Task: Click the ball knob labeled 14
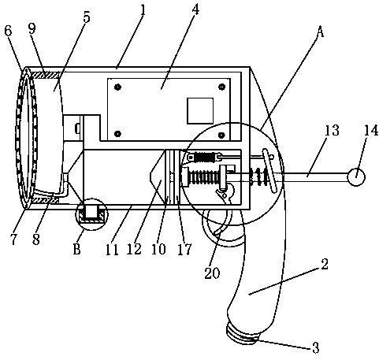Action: point(356,176)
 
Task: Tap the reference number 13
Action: point(332,131)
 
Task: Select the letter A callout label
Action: point(320,32)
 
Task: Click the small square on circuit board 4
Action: point(200,110)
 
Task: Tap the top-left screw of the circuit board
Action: point(118,87)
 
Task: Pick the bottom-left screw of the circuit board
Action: point(118,134)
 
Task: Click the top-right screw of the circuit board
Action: point(222,87)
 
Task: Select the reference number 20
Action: point(212,273)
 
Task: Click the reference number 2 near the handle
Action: point(325,264)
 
